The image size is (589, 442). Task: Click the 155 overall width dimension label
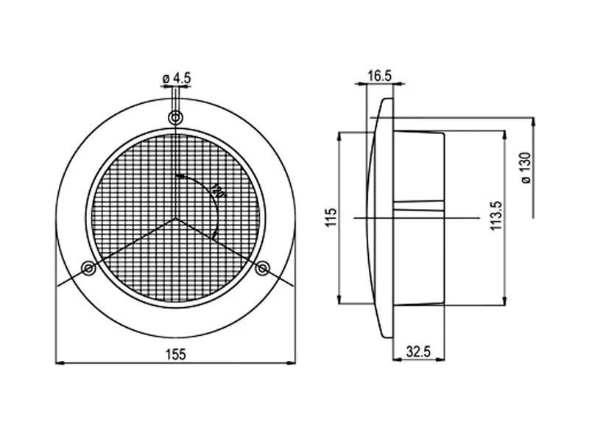pyautogui.click(x=175, y=354)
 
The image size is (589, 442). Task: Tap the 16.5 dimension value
pyautogui.click(x=379, y=76)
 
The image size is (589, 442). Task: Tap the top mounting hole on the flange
pyautogui.click(x=176, y=118)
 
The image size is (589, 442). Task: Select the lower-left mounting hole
pyautogui.click(x=89, y=269)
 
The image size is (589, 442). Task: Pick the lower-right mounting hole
pyautogui.click(x=262, y=269)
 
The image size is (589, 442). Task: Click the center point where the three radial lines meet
pyautogui.click(x=176, y=218)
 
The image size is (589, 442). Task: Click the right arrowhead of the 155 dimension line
pyautogui.click(x=291, y=362)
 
